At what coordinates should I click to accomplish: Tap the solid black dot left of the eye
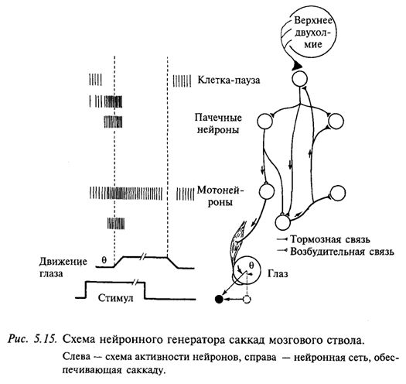pyautogui.click(x=220, y=298)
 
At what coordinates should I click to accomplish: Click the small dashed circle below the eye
pyautogui.click(x=248, y=298)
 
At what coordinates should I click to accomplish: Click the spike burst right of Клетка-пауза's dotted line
pyautogui.click(x=183, y=80)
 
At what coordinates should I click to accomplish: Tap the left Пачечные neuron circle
pyautogui.click(x=263, y=121)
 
